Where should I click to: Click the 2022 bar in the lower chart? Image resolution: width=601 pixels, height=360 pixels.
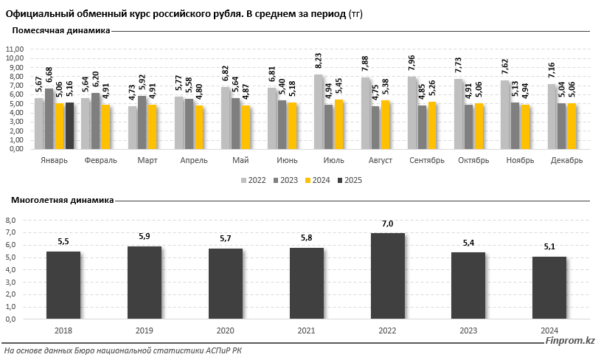click(x=388, y=276)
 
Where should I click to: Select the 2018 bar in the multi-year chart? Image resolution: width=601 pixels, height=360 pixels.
click(x=63, y=285)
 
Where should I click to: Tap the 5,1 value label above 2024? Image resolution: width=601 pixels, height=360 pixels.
click(x=549, y=247)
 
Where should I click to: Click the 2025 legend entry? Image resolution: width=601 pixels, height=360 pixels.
click(x=352, y=179)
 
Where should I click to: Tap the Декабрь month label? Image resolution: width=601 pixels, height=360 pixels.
click(x=566, y=160)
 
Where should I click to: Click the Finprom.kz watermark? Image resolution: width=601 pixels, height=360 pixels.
click(x=569, y=340)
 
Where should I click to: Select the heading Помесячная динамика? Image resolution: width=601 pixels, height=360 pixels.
click(x=61, y=31)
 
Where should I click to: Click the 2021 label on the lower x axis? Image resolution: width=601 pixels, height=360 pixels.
click(x=306, y=330)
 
